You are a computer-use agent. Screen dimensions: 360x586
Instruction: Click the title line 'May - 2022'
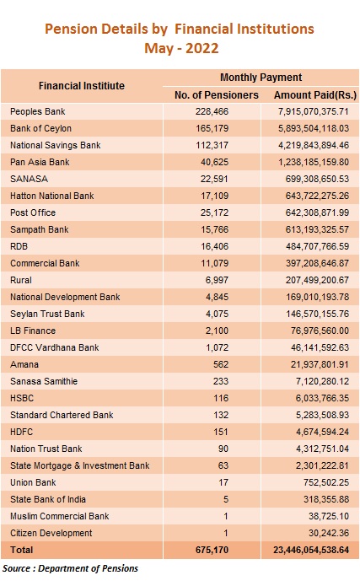pyautogui.click(x=181, y=48)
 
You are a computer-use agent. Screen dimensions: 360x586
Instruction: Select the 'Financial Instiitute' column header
pyautogui.click(x=82, y=86)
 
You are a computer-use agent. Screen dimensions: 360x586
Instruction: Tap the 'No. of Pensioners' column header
pyautogui.click(x=217, y=95)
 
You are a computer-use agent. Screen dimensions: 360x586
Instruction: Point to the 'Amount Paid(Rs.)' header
pyautogui.click(x=315, y=95)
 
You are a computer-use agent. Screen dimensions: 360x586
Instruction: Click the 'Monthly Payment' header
pyautogui.click(x=261, y=78)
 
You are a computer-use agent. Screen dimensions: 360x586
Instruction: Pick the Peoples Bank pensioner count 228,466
pyautogui.click(x=212, y=111)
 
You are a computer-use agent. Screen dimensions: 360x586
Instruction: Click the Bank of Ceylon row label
pyautogui.click(x=40, y=128)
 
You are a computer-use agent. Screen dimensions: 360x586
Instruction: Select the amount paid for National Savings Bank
pyautogui.click(x=314, y=145)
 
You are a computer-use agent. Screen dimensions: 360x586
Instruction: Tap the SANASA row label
pyautogui.click(x=30, y=179)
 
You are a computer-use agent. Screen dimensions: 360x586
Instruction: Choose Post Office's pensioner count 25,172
pyautogui.click(x=214, y=212)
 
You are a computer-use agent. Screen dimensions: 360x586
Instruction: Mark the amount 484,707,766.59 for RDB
pyautogui.click(x=317, y=246)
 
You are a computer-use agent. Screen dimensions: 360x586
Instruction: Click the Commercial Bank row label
pyautogui.click(x=45, y=263)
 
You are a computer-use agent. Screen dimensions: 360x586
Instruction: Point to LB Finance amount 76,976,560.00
pyautogui.click(x=320, y=331)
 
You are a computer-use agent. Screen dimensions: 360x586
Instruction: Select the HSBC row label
pyautogui.click(x=22, y=398)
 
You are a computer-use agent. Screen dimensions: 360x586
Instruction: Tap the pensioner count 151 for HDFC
pyautogui.click(x=221, y=432)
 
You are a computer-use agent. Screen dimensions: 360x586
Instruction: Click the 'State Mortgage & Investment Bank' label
pyautogui.click(x=79, y=465)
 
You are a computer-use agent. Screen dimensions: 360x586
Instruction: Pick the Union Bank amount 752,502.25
pyautogui.click(x=326, y=482)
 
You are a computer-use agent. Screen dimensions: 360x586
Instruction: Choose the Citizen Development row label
pyautogui.click(x=51, y=533)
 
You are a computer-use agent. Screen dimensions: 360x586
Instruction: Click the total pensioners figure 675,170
pyautogui.click(x=212, y=550)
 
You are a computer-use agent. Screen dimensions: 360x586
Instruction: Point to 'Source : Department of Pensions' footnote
pyautogui.click(x=70, y=568)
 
